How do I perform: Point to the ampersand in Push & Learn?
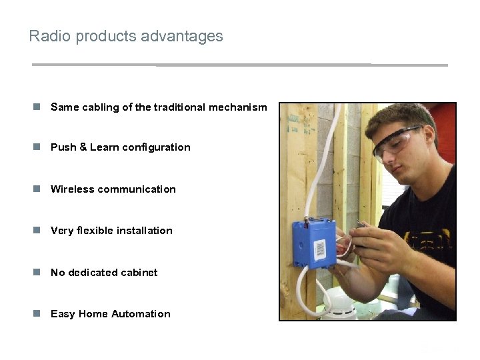coord(83,147)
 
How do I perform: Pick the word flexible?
coord(95,231)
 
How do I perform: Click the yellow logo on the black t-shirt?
coord(427,237)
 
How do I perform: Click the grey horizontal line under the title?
coord(240,65)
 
